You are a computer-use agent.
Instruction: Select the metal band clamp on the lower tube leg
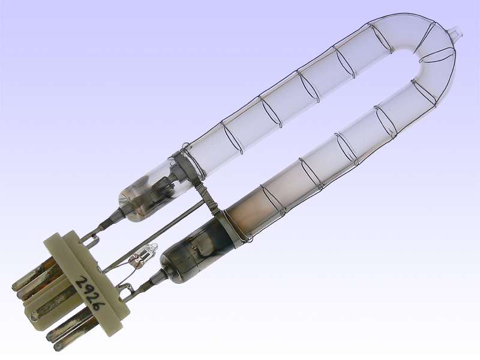click(231, 227)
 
